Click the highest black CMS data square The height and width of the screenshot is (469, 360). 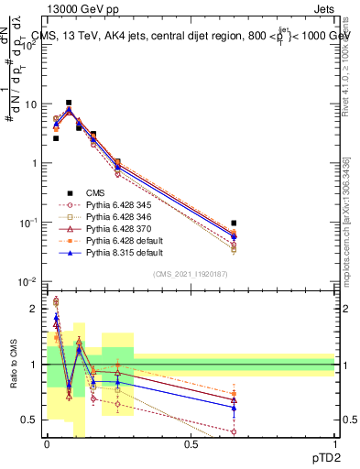click(68, 103)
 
